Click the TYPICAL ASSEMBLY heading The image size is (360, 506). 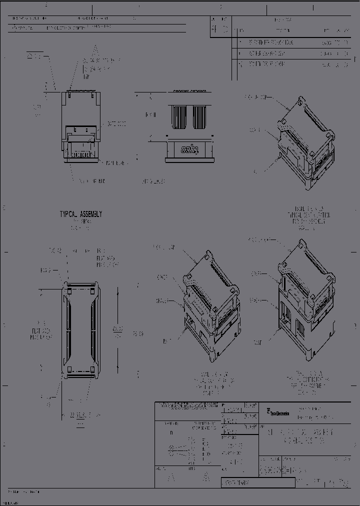pos(80,214)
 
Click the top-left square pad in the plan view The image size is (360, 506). pos(69,290)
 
